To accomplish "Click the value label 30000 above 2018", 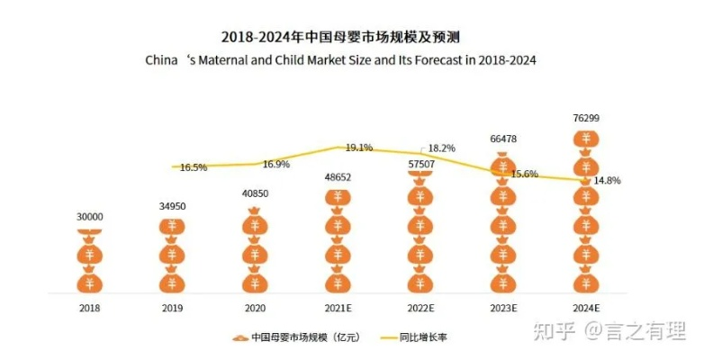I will tap(89, 216).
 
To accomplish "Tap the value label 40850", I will tap(255, 193).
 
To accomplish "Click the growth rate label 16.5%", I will tap(194, 167).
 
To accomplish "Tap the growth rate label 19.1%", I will tap(359, 148).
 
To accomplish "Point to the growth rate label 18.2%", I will tap(442, 148).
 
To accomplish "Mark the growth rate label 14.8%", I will tap(607, 180).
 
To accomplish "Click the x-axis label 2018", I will tap(89, 307).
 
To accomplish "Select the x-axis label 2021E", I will tap(338, 307).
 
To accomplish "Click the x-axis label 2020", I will tap(255, 307).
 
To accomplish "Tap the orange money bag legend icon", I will tap(239, 338).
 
